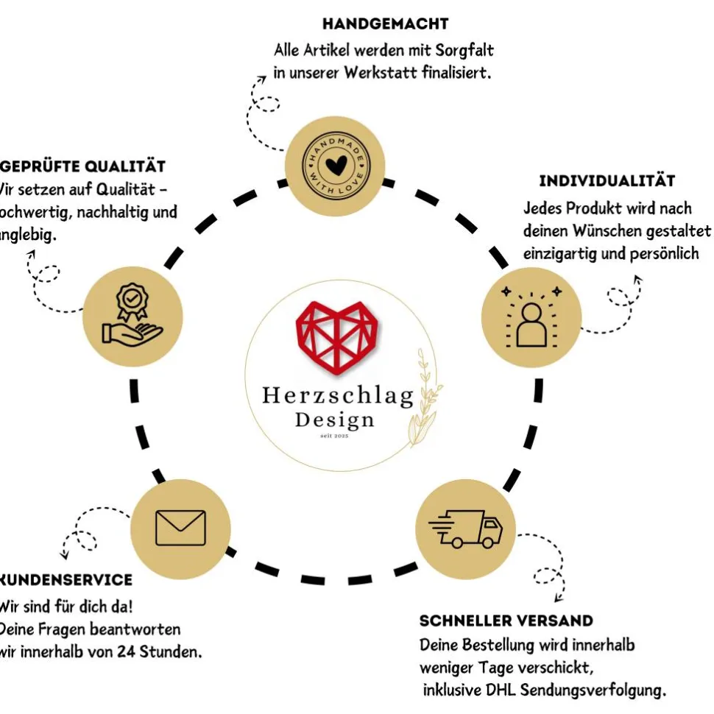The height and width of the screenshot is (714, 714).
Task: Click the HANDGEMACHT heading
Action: click(385, 24)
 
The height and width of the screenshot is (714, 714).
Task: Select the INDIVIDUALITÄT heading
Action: click(607, 180)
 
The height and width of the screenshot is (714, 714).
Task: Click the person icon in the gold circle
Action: click(531, 322)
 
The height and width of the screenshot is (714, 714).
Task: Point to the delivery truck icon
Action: click(466, 528)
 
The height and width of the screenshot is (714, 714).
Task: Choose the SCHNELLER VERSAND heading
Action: click(506, 621)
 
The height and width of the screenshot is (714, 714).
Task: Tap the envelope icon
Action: click(180, 528)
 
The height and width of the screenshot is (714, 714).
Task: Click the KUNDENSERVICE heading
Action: click(66, 580)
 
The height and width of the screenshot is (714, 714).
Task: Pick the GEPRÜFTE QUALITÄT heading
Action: click(85, 166)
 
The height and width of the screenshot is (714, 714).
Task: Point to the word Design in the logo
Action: click(334, 420)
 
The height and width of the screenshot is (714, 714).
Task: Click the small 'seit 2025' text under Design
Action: click(334, 437)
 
